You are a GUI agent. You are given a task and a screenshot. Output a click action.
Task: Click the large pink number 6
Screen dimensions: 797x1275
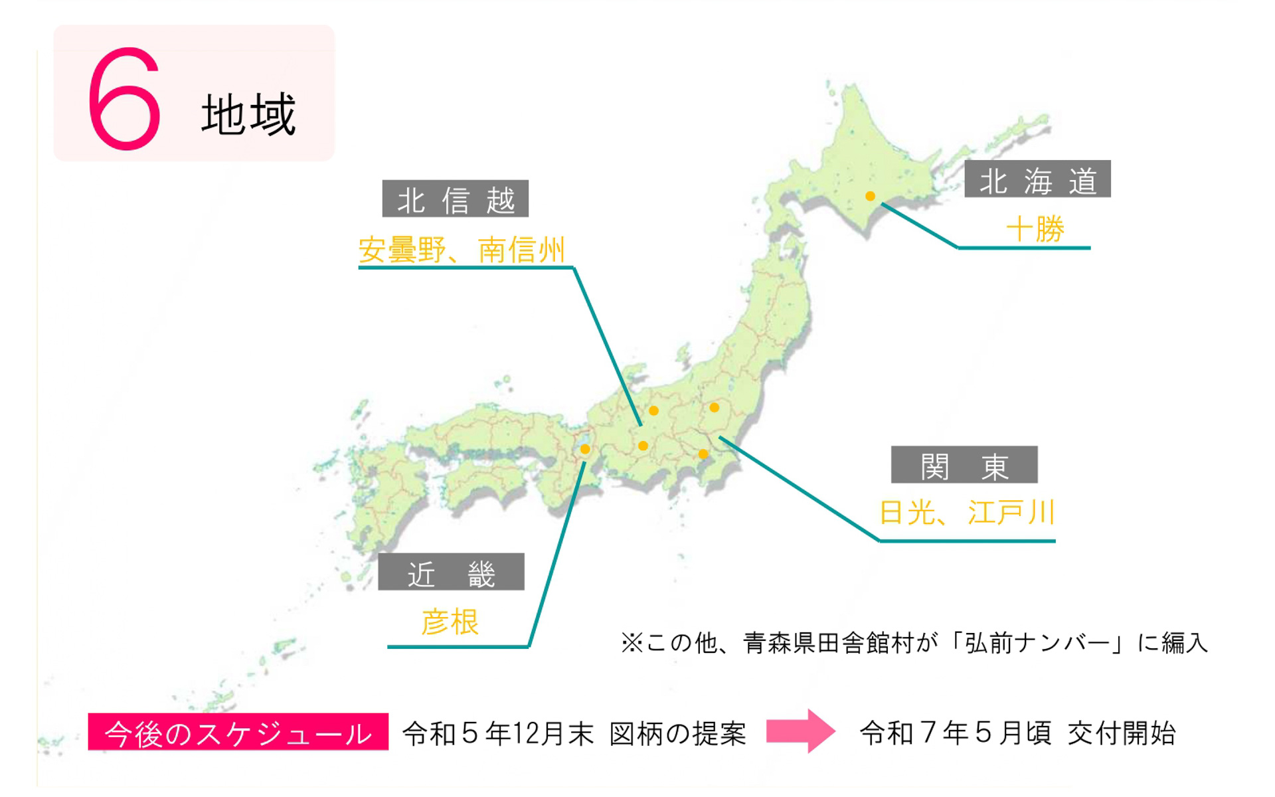[x=124, y=99]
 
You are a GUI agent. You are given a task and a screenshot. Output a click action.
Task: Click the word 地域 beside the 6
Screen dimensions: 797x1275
[x=248, y=115]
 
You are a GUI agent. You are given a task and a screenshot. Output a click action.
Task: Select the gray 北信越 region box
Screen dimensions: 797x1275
[x=455, y=199]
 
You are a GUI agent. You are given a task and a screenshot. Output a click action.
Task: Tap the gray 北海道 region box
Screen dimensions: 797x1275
[x=1037, y=179]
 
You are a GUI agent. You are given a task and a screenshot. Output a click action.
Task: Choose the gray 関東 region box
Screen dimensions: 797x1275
[x=964, y=465]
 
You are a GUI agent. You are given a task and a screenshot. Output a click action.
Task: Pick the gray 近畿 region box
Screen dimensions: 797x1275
[x=451, y=572]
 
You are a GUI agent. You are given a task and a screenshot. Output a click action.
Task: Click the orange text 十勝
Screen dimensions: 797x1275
[x=1035, y=229]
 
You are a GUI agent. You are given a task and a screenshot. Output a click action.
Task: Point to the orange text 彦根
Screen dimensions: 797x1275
[x=450, y=622]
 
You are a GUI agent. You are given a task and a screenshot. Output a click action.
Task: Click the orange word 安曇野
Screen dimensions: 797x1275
[x=402, y=250]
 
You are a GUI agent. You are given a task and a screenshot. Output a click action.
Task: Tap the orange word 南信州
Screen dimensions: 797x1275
[x=521, y=250]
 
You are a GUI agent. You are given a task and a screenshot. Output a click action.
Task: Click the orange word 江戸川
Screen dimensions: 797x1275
[x=1011, y=513]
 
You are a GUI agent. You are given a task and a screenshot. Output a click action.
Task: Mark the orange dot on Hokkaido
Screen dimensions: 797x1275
[x=870, y=196]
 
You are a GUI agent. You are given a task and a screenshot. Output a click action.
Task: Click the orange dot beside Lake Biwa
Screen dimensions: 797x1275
[x=585, y=450]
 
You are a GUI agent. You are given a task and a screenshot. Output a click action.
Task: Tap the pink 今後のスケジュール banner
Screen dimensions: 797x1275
[x=238, y=732]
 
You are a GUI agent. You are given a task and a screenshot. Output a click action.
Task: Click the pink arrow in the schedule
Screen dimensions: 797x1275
[x=800, y=731]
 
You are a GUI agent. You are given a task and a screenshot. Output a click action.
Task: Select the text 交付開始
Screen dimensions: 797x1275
[x=1122, y=733]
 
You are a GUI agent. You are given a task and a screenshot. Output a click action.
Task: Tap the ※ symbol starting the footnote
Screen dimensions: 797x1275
[x=632, y=643]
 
